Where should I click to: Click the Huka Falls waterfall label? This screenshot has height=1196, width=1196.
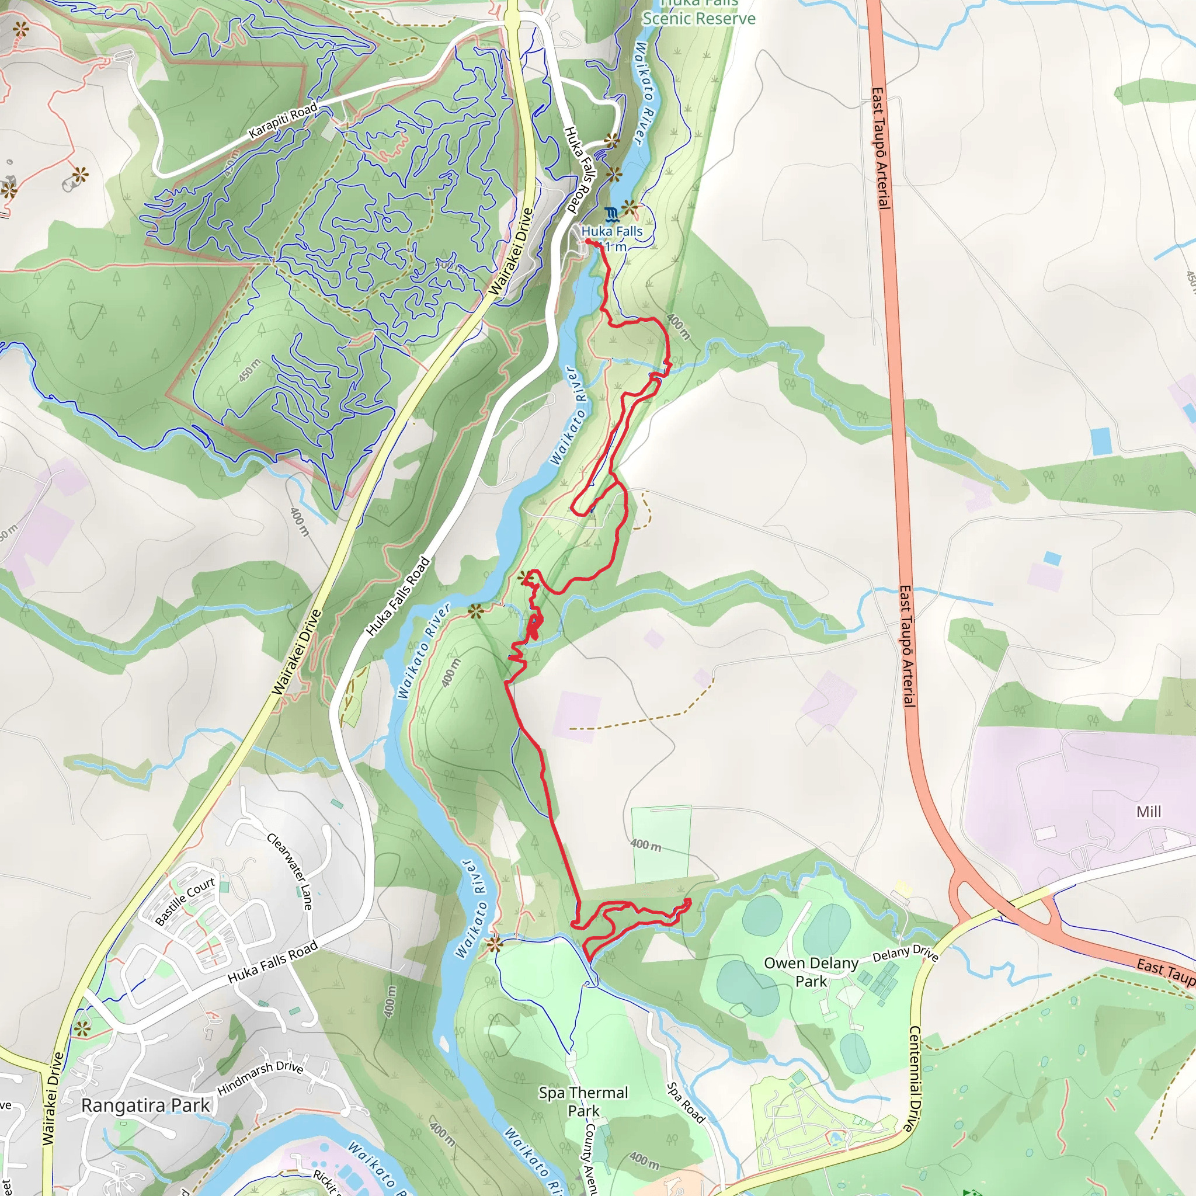(611, 231)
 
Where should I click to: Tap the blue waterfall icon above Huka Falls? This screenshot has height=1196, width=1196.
(611, 215)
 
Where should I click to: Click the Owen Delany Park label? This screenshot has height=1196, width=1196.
(811, 971)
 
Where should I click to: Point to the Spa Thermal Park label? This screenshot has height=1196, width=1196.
(583, 1101)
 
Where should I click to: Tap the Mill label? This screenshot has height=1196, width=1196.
(1148, 812)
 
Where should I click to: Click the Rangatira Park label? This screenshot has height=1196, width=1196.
(145, 1105)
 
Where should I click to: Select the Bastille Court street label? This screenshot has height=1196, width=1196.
(185, 901)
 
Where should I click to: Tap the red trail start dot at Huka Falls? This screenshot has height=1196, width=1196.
(587, 242)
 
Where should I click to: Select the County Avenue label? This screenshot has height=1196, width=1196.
(590, 1157)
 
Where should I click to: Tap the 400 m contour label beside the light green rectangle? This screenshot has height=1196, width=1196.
(646, 845)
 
